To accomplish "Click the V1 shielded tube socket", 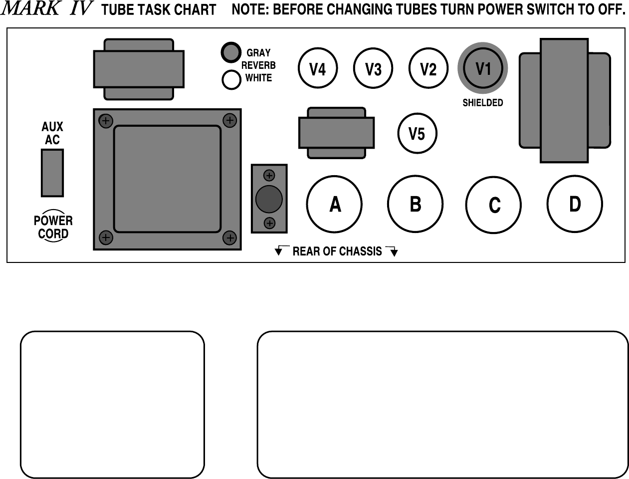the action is tap(483, 68).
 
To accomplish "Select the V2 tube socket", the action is tap(428, 68).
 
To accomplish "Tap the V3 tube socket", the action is tap(373, 68).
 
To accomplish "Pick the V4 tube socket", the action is tap(318, 68).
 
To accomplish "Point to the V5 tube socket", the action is tap(417, 133).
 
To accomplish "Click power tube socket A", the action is tap(335, 204).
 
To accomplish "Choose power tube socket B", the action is tap(415, 204).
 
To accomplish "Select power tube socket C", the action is tap(493, 205).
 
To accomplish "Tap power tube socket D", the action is tap(575, 204).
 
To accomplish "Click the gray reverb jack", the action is tap(231, 52).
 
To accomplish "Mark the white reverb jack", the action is tap(231, 80).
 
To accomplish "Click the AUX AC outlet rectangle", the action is tap(52, 173).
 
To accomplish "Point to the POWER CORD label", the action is tap(53, 227).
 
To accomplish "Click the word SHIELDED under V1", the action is tap(482, 103).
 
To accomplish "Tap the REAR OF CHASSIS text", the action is tap(337, 251).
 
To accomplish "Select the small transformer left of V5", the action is tap(336, 133).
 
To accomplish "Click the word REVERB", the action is tap(258, 65).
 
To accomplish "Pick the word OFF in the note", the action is tap(611, 10).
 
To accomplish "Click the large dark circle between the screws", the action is tap(269, 199).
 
